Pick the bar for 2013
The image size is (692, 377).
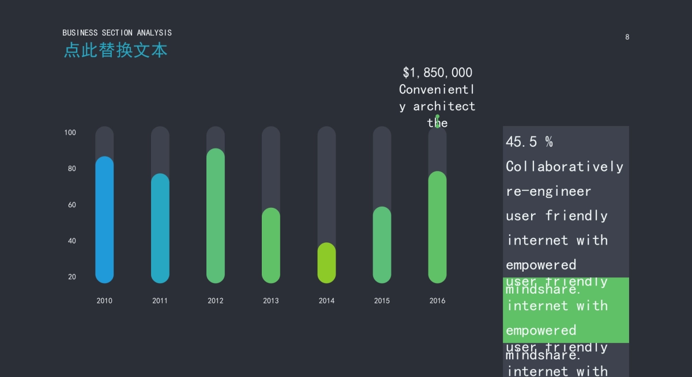click(271, 246)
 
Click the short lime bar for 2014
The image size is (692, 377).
click(326, 263)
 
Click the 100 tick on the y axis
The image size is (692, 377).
click(70, 132)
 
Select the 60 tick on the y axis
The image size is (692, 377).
click(72, 205)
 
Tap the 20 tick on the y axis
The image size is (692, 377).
click(72, 277)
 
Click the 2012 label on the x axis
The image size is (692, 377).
click(216, 300)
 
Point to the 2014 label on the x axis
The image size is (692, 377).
click(326, 300)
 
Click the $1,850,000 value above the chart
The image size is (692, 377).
click(437, 73)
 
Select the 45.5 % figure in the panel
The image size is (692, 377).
click(529, 142)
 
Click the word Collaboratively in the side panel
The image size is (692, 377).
click(565, 166)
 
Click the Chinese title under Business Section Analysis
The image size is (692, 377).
click(115, 50)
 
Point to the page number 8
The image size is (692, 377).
click(627, 37)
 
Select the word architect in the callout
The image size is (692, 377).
click(444, 106)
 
